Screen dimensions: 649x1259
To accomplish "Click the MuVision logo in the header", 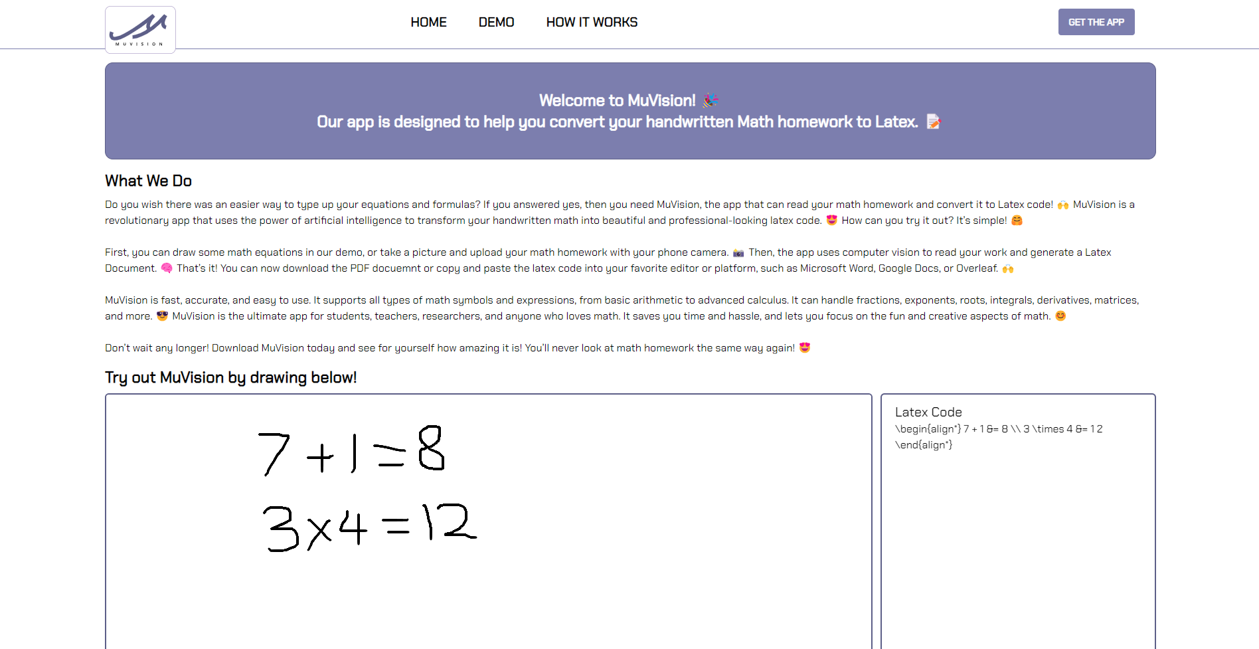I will click(140, 30).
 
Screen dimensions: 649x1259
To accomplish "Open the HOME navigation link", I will click(428, 23).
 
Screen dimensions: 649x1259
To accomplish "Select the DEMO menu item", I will click(496, 23).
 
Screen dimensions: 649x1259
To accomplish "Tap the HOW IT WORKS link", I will click(592, 23).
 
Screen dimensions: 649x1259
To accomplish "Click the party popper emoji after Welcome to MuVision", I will click(711, 100).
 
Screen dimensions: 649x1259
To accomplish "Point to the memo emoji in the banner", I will click(933, 122).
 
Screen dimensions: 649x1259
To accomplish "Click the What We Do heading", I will click(148, 181).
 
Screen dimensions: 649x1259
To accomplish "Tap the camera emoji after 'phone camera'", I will click(738, 252).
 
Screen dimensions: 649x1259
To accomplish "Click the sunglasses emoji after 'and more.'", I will click(162, 316).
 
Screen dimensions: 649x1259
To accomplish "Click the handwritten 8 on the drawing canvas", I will click(431, 448).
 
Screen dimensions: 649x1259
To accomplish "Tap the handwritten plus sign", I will click(320, 456).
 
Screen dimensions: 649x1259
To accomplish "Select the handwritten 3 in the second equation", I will click(281, 529).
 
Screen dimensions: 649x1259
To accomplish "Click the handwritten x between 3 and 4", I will click(319, 531).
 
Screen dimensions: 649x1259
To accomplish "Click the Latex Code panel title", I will click(928, 412).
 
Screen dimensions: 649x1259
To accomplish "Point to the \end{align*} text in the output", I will click(924, 445).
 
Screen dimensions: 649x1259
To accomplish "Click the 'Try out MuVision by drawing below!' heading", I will click(230, 377).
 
